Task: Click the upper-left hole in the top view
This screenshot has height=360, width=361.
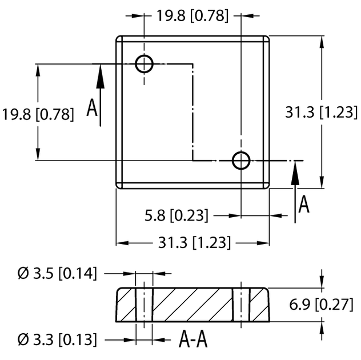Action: [x=145, y=64]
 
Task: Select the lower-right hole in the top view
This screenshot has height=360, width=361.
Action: [x=241, y=161]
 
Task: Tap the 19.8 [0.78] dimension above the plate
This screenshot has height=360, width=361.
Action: [x=192, y=16]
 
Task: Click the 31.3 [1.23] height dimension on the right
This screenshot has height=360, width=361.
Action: [x=322, y=112]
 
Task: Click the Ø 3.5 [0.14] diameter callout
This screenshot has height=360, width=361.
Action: [x=57, y=274]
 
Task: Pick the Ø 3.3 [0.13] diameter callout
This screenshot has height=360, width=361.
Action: [x=57, y=339]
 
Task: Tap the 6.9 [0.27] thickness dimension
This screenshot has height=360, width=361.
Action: [x=322, y=304]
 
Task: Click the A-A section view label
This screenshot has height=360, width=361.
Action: [x=193, y=340]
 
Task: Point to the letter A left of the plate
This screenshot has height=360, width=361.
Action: [x=92, y=107]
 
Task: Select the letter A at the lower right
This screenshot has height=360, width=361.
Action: [x=304, y=204]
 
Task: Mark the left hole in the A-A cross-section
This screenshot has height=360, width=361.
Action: [x=144, y=304]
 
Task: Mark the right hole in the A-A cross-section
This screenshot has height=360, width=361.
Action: [x=241, y=304]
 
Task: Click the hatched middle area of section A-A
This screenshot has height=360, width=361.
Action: [x=192, y=304]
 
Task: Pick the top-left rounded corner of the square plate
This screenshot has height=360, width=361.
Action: [x=119, y=39]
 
